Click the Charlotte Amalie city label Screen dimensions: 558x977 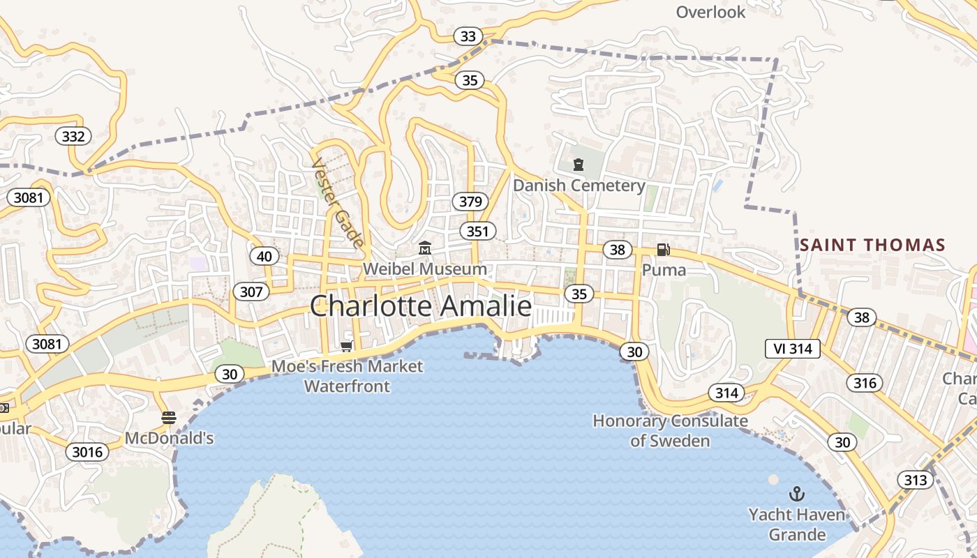[420, 306]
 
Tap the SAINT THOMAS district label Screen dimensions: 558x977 [872, 245]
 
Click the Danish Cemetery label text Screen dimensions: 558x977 [579, 186]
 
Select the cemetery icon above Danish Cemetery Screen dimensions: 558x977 [578, 165]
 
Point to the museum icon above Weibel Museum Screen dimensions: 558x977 [424, 248]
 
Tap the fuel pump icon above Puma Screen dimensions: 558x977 [663, 250]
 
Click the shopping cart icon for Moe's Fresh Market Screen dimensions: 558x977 [346, 346]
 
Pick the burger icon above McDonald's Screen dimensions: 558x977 [169, 418]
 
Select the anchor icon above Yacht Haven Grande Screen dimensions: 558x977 [796, 495]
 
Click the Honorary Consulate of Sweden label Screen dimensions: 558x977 [670, 430]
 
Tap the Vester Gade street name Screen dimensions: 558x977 [338, 202]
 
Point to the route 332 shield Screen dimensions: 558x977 [73, 136]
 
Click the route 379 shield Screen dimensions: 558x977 [470, 202]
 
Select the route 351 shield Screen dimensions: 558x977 [478, 231]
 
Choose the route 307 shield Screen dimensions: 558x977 [251, 291]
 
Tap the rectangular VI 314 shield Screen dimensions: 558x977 [792, 349]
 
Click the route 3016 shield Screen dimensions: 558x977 [88, 452]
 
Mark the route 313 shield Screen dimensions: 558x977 [915, 480]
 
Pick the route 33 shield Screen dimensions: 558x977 [468, 36]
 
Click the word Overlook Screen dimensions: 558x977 [710, 12]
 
